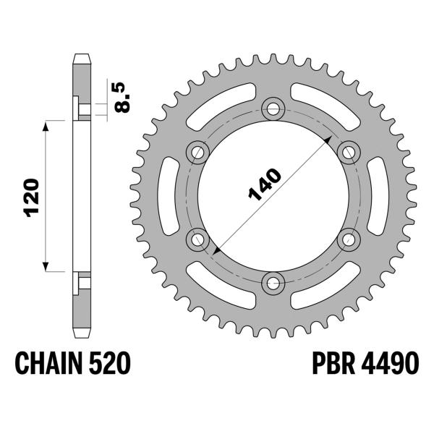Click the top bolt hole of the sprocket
[x=273, y=109]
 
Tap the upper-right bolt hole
[x=349, y=152]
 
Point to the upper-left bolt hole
[x=197, y=152]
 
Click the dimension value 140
[x=265, y=186]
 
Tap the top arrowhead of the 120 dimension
[x=48, y=127]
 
